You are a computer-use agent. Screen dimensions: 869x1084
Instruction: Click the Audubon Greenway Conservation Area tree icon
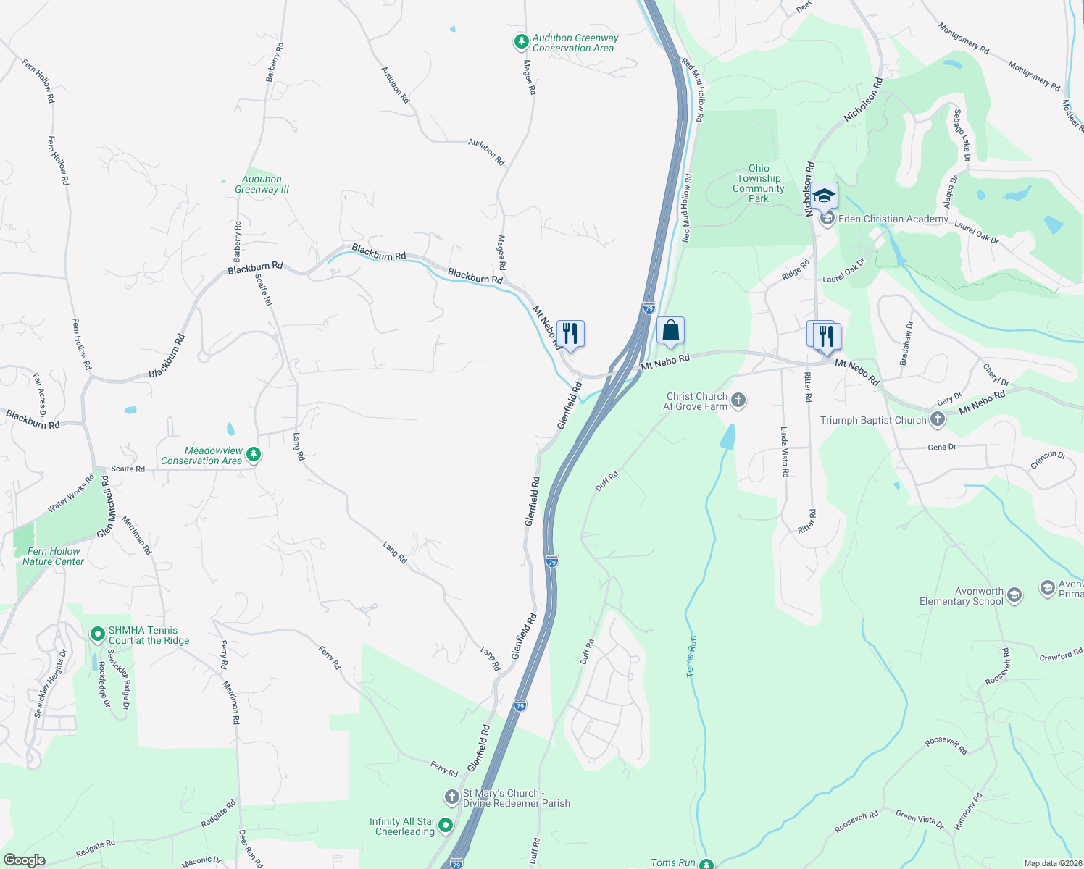[520, 42]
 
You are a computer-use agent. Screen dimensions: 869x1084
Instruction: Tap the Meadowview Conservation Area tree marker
[253, 455]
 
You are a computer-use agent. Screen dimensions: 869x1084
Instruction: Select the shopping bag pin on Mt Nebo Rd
[671, 331]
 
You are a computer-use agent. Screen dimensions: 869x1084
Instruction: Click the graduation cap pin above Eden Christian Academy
[824, 196]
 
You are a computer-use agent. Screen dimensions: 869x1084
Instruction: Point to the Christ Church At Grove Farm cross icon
[738, 400]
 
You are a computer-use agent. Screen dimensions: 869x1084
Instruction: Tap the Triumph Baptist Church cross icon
[937, 419]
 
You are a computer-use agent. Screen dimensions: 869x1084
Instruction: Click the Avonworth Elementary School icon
[1014, 595]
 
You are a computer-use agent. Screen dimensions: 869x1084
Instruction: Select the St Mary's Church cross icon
[451, 797]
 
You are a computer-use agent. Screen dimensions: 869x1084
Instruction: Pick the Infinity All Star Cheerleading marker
[445, 826]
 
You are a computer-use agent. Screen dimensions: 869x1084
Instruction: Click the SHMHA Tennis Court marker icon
[97, 635]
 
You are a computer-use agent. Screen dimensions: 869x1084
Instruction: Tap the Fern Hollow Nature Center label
[53, 556]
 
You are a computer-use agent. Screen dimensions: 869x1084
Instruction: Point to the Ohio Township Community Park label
[759, 183]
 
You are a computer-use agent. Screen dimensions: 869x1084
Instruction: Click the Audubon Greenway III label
[262, 184]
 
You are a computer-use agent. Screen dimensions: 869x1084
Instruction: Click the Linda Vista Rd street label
[785, 452]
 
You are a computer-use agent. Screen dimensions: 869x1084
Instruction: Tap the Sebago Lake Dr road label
[962, 135]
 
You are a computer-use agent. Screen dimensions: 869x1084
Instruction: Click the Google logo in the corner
[24, 860]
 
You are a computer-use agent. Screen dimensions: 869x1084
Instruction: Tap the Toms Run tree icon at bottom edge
[706, 863]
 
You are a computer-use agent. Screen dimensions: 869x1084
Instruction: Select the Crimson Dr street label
[1048, 459]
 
